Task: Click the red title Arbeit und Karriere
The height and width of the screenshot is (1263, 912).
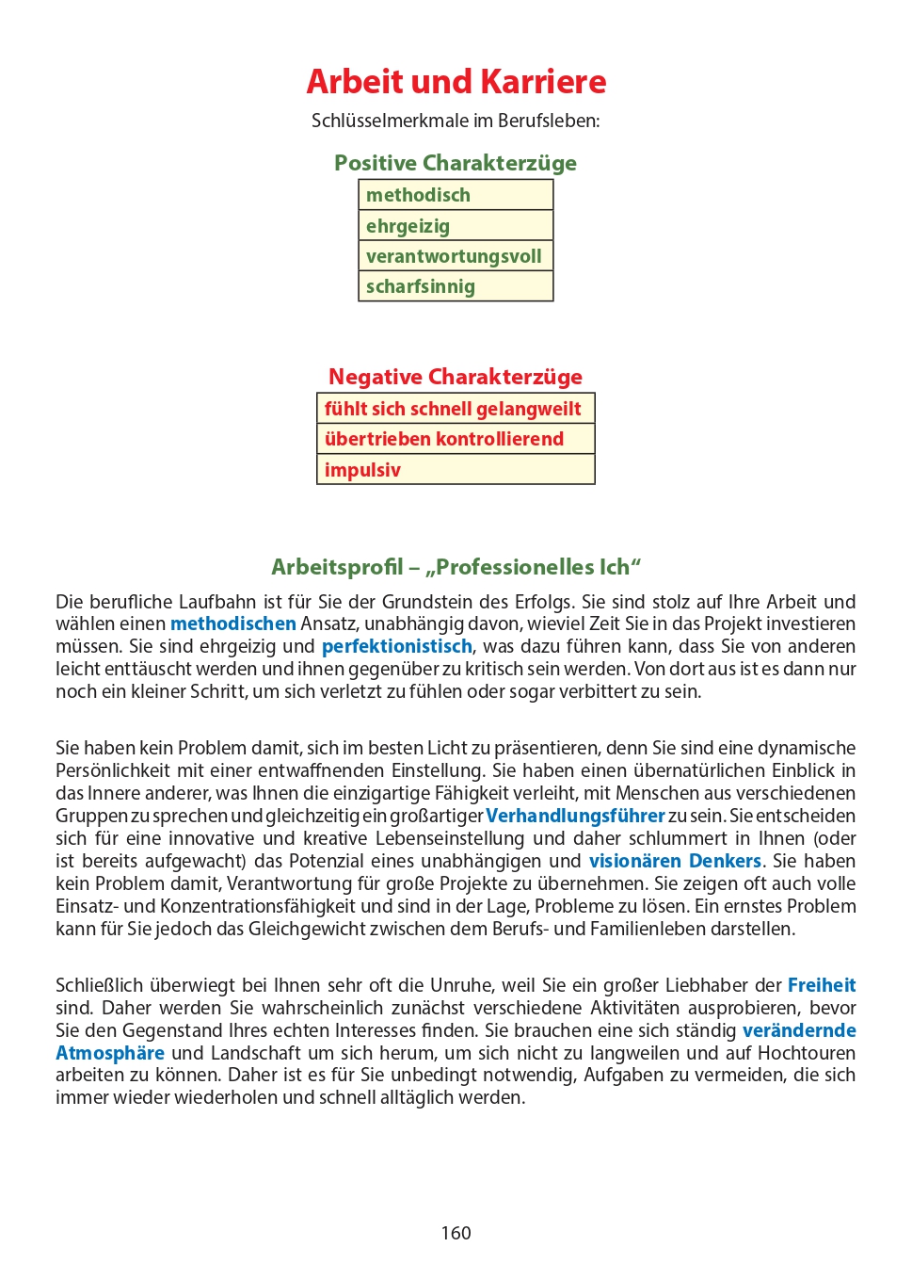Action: click(456, 82)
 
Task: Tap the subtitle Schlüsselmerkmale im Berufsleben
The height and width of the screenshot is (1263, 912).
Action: click(456, 121)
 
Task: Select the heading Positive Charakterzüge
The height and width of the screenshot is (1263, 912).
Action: click(456, 163)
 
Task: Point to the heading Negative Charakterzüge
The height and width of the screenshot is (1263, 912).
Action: click(456, 377)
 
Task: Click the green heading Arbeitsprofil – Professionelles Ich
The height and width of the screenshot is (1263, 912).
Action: click(456, 567)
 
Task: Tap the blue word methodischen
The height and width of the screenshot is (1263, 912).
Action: click(233, 623)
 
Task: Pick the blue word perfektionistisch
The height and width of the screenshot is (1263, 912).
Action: click(397, 646)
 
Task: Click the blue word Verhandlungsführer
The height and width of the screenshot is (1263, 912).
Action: click(575, 816)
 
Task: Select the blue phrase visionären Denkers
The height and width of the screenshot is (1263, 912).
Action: click(675, 861)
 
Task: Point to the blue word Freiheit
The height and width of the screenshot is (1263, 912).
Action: click(822, 985)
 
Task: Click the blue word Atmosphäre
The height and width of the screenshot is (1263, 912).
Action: click(110, 1053)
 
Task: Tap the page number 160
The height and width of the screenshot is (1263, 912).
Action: click(456, 1233)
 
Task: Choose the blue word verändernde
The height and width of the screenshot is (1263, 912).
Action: click(799, 1030)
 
